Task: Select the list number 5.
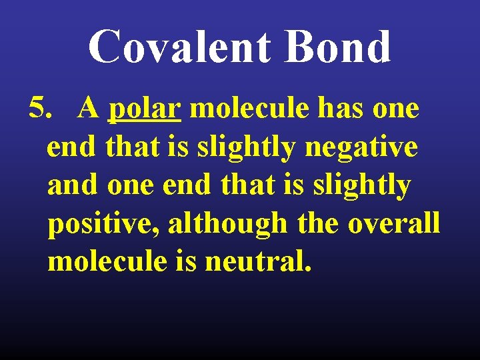point(41,108)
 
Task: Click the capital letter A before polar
point(88,108)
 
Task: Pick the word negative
point(362,147)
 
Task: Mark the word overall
point(394,223)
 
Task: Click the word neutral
point(258,261)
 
